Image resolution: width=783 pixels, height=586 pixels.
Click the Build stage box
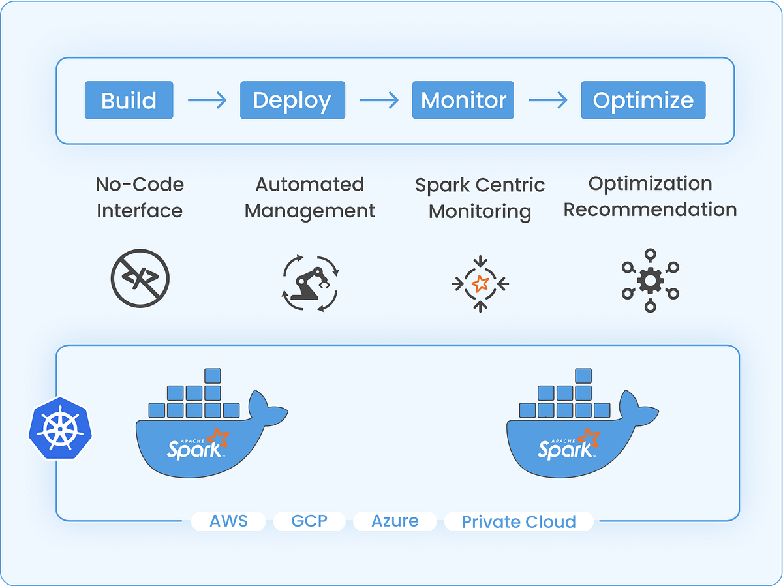click(x=129, y=100)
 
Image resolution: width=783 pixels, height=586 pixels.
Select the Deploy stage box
click(x=292, y=100)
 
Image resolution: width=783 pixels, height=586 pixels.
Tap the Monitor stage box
click(x=463, y=100)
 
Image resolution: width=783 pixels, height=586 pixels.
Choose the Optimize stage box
click(x=643, y=100)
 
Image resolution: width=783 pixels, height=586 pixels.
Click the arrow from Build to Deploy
click(x=207, y=100)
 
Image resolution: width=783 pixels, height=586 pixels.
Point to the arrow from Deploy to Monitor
click(x=379, y=100)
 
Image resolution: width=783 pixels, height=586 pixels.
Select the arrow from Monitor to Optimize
click(x=548, y=100)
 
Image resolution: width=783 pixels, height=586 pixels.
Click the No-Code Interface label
click(x=140, y=197)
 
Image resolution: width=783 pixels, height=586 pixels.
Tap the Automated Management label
click(x=309, y=197)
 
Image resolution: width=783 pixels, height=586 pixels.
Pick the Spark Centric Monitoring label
click(x=480, y=198)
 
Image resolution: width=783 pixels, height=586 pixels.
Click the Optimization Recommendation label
click(x=650, y=196)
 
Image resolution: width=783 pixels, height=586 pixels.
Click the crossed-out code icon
click(x=140, y=279)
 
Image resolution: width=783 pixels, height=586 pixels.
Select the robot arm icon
click(x=309, y=283)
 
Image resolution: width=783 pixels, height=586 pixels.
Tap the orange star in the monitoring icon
click(x=480, y=283)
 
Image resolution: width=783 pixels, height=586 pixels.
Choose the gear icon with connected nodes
click(x=650, y=281)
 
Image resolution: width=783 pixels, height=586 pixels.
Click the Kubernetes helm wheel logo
click(x=60, y=428)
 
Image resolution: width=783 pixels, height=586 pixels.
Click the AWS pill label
click(x=228, y=521)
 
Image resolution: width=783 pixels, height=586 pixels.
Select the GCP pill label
click(x=309, y=521)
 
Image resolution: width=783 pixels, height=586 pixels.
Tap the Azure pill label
click(x=395, y=521)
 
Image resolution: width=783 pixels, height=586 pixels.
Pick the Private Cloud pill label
click(x=519, y=522)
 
